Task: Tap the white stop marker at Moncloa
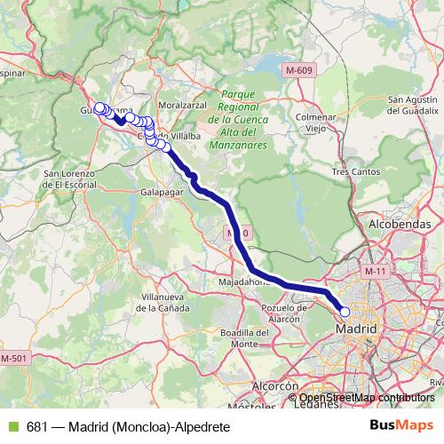tap(345, 312)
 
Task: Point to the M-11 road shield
tap(377, 270)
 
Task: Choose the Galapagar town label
tap(163, 191)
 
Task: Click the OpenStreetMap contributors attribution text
tap(366, 398)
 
